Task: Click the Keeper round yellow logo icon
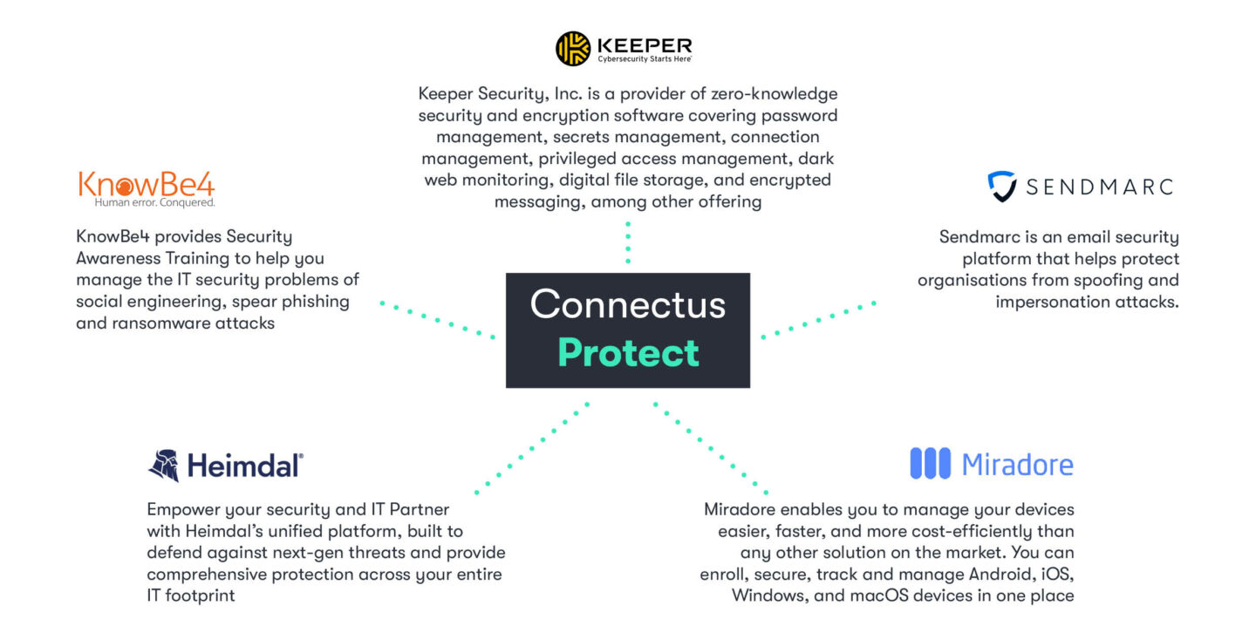pyautogui.click(x=572, y=49)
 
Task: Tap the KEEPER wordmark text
pyautogui.click(x=645, y=44)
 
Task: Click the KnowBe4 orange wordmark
pyautogui.click(x=147, y=184)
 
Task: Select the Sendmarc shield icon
pyautogui.click(x=1002, y=186)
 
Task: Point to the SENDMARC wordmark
pyautogui.click(x=1100, y=187)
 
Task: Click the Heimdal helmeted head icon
pyautogui.click(x=164, y=466)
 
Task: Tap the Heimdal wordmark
pyautogui.click(x=245, y=466)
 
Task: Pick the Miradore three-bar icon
pyautogui.click(x=930, y=463)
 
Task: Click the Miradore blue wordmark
pyautogui.click(x=1018, y=464)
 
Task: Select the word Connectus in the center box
pyautogui.click(x=628, y=304)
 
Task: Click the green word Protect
pyautogui.click(x=629, y=352)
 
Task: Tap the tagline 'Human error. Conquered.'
pyautogui.click(x=154, y=202)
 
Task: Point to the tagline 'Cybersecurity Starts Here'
pyautogui.click(x=645, y=59)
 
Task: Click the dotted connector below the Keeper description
pyautogui.click(x=628, y=242)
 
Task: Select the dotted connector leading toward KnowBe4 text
pyautogui.click(x=437, y=320)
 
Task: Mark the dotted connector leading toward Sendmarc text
pyautogui.click(x=818, y=320)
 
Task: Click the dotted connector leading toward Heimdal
pyautogui.click(x=531, y=448)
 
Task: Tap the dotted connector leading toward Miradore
pyautogui.click(x=710, y=448)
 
